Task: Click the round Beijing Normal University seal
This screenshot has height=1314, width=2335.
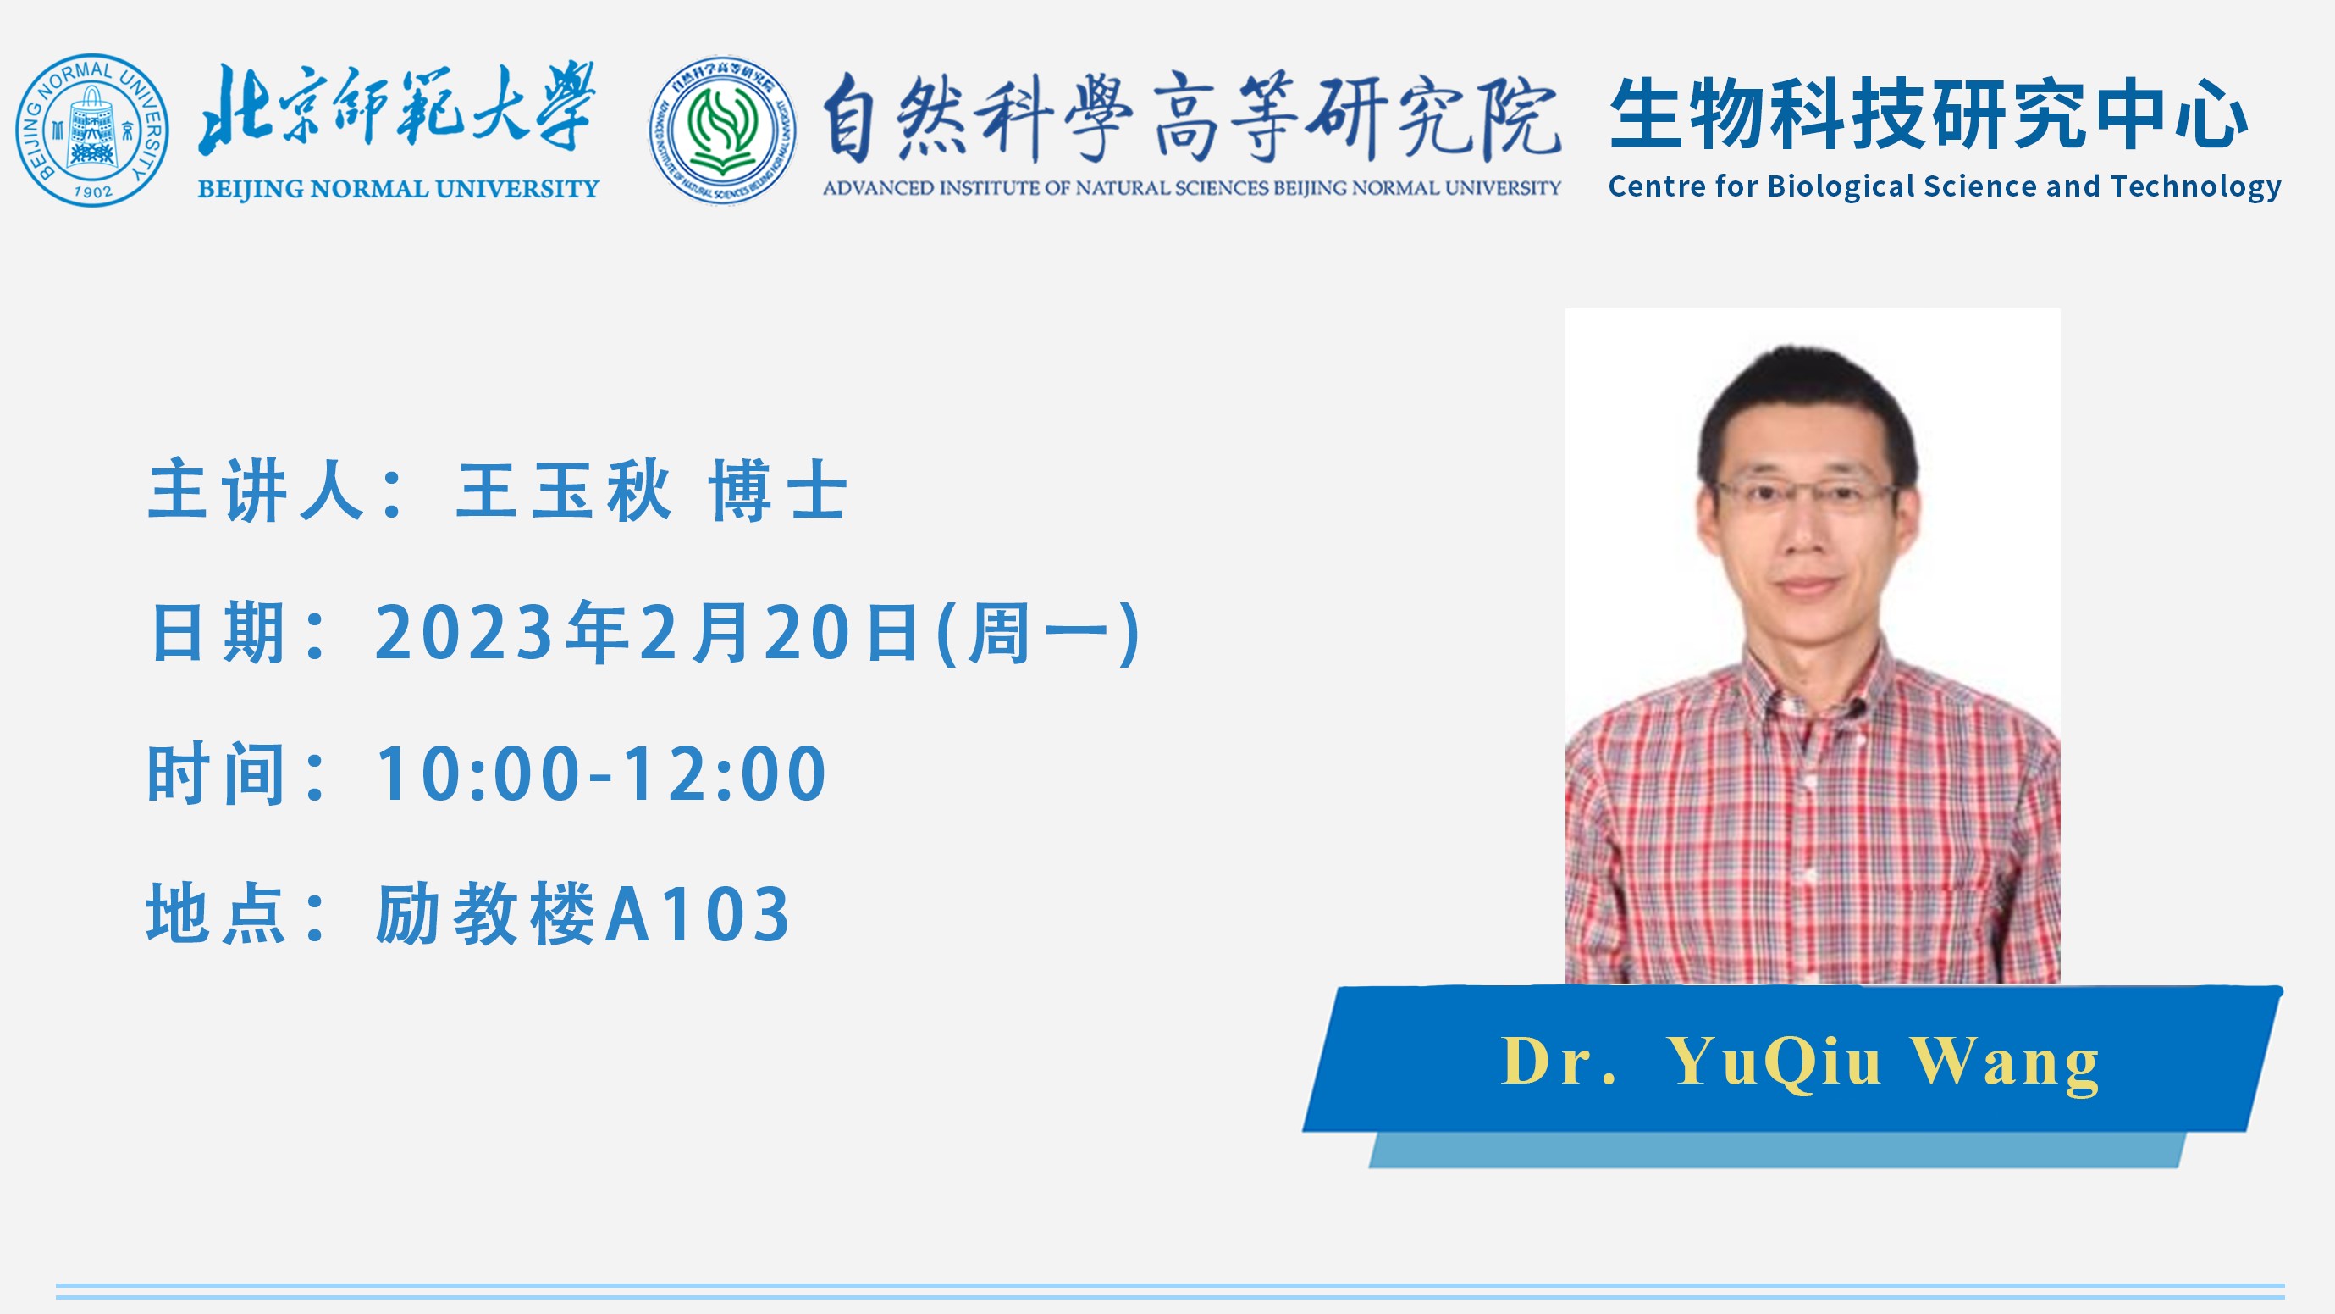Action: pos(91,130)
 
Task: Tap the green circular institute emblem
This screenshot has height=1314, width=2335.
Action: pos(722,130)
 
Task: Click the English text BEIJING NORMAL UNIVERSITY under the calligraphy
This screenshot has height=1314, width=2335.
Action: pos(399,189)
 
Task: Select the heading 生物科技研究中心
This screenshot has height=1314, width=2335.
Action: pos(1928,114)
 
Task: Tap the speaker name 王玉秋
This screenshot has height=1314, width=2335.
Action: pos(564,491)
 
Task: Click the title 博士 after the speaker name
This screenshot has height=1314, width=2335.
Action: pos(779,491)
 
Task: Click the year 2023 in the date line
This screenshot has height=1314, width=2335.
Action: pos(465,632)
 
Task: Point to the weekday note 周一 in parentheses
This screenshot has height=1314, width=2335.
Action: pos(1037,632)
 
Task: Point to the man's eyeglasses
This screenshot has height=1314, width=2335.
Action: pos(1804,494)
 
